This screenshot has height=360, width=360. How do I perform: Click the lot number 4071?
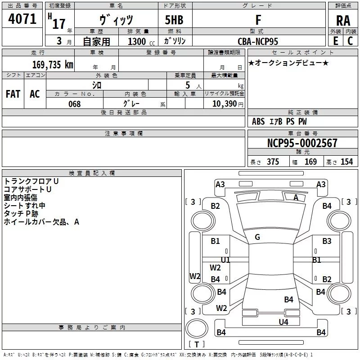[x=22, y=19]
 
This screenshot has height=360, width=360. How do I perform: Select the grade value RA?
[x=343, y=21]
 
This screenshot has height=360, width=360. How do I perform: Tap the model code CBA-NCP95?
[x=258, y=41]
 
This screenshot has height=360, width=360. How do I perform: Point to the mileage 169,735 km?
[x=53, y=64]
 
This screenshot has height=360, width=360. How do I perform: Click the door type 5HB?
[x=174, y=20]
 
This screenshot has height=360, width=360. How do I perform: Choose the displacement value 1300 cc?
[x=141, y=41]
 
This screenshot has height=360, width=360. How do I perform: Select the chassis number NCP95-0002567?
[x=302, y=143]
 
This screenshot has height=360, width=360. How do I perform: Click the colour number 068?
[x=75, y=104]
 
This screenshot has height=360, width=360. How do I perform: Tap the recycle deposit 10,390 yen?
[x=228, y=104]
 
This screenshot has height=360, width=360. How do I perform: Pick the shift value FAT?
[x=13, y=94]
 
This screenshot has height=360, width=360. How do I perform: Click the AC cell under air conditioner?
[x=35, y=94]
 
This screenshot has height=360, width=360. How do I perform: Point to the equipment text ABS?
[x=258, y=121]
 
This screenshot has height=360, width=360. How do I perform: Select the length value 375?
[x=273, y=162]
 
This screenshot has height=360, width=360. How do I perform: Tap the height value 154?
[x=346, y=162]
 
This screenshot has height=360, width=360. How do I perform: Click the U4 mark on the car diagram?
[x=283, y=322]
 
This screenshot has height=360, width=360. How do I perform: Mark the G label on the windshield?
[x=257, y=237]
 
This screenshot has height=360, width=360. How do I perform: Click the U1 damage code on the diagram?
[x=225, y=260]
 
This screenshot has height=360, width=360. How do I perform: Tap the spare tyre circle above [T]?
[x=197, y=328]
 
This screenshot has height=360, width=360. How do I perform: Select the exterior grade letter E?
[x=335, y=41]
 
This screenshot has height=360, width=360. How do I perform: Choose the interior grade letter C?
[x=350, y=41]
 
